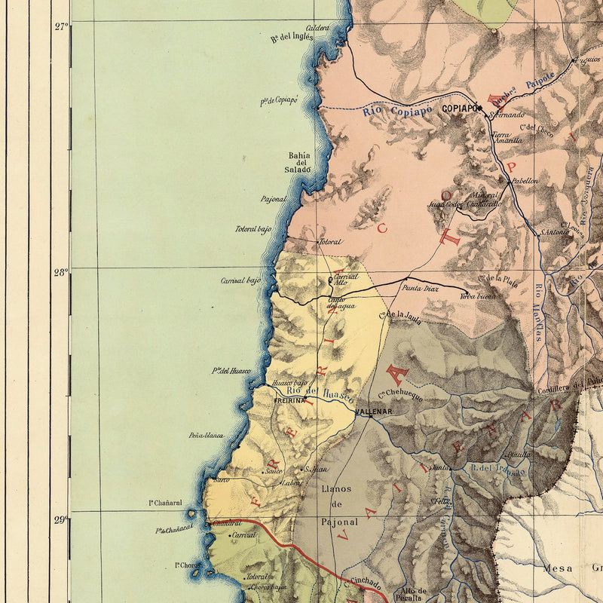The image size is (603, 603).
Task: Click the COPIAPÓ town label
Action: coord(460,109)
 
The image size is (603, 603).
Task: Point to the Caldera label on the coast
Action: coord(317,28)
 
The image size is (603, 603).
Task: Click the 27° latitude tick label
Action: coord(61,26)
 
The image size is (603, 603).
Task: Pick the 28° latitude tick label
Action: coord(61,272)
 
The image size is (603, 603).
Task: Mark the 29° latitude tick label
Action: coord(61,519)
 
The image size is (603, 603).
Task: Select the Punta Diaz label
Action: coord(419,288)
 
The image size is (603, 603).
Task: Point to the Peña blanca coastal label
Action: coord(206,436)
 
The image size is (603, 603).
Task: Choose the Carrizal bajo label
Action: coord(240,280)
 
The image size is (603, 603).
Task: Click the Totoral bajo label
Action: coord(253,228)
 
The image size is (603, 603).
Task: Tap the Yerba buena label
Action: coord(478,297)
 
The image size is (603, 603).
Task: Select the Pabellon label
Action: coord(525,181)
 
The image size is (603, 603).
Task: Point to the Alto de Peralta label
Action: coord(414,595)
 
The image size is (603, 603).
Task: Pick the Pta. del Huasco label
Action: coord(231,370)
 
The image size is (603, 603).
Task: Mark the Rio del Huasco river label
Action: coord(320,392)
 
